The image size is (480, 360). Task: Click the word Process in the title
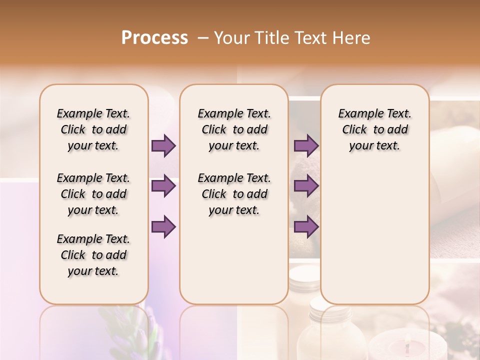(154, 38)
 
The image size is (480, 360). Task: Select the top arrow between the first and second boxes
(163, 146)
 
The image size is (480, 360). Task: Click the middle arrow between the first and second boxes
(163, 186)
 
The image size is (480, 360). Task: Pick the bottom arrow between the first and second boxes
(163, 227)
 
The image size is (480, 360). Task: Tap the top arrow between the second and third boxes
(306, 146)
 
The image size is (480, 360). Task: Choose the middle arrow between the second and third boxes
(306, 186)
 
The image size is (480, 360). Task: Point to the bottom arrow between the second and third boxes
(306, 227)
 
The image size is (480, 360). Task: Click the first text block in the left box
(93, 129)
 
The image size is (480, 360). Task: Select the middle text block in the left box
(93, 194)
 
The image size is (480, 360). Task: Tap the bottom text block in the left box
(93, 255)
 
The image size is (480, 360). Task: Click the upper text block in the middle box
(234, 129)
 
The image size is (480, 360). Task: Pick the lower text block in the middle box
(234, 194)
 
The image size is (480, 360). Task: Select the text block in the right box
(375, 129)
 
